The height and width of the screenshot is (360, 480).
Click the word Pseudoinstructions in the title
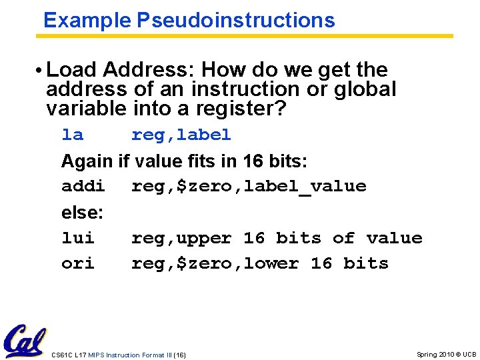click(x=236, y=20)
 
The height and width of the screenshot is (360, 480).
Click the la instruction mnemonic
click(x=72, y=135)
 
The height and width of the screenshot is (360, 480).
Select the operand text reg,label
click(x=181, y=135)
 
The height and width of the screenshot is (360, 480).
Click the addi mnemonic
click(x=83, y=186)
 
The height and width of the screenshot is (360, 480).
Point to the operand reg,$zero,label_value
click(x=249, y=186)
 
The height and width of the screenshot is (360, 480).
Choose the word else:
click(x=82, y=213)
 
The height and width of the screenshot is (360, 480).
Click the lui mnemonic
click(x=78, y=238)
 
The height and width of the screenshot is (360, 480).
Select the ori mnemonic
click(x=78, y=263)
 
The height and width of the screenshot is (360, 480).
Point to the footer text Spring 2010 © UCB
click(x=446, y=355)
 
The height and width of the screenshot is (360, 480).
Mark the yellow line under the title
click(x=247, y=36)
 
